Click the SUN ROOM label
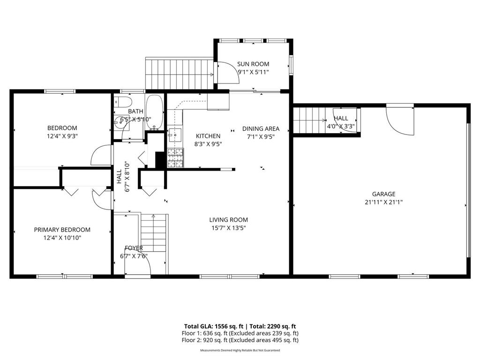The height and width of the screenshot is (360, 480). [253, 64]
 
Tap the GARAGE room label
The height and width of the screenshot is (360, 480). [383, 194]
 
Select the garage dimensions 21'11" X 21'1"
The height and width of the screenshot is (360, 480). [383, 202]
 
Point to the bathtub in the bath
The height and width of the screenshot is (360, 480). [154, 112]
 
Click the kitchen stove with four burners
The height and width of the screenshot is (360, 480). [176, 158]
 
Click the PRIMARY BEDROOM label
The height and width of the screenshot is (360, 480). [62, 230]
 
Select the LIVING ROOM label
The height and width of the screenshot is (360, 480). [228, 219]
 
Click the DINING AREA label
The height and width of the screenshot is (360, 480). [261, 128]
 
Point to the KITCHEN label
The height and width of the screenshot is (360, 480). [208, 136]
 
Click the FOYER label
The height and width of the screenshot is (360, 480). [134, 248]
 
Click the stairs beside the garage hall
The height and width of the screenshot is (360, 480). [309, 120]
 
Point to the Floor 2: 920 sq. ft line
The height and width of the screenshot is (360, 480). [240, 340]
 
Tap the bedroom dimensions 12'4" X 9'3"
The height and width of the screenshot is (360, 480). [62, 136]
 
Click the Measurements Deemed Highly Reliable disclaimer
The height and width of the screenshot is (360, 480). [240, 350]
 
